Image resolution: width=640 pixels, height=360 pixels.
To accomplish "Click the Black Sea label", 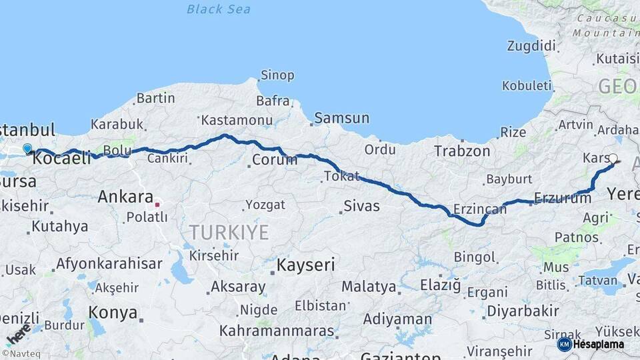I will click(x=219, y=9).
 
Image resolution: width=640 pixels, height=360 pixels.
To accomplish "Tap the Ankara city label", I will click(x=125, y=197).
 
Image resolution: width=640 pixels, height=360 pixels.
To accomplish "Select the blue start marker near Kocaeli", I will click(x=27, y=149).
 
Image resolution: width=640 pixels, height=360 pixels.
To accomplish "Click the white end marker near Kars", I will click(x=613, y=159).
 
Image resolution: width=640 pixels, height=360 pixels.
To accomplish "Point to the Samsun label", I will click(x=341, y=118).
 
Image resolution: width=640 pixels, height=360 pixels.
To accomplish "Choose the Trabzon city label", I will click(x=462, y=151).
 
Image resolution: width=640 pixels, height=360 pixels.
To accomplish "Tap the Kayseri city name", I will click(x=305, y=265).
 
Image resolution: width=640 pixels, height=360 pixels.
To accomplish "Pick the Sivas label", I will click(x=362, y=205).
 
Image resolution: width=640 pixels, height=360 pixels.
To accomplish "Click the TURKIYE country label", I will click(x=229, y=233).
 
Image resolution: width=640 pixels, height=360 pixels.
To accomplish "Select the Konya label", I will click(x=113, y=313).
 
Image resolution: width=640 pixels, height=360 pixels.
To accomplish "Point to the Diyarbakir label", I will click(x=523, y=311).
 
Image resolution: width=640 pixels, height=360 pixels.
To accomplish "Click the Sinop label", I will click(x=277, y=75).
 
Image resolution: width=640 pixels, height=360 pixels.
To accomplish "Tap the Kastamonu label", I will click(x=237, y=121).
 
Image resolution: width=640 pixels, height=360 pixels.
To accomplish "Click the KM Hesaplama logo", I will click(x=591, y=344).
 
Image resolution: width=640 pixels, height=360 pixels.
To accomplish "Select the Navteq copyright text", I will click(x=18, y=353).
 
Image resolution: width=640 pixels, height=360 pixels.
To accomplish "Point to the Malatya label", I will click(x=369, y=287).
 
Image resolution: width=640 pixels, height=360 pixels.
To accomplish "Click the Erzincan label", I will click(x=479, y=209).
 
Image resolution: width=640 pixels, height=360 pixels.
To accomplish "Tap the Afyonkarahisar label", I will click(x=109, y=263).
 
